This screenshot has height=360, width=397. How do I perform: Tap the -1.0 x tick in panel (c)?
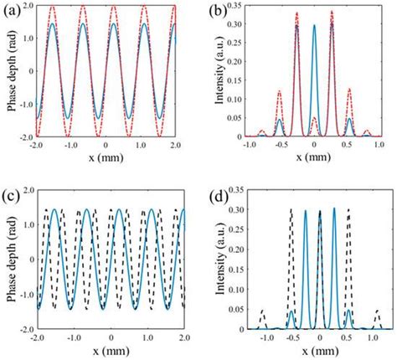(71, 337)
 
